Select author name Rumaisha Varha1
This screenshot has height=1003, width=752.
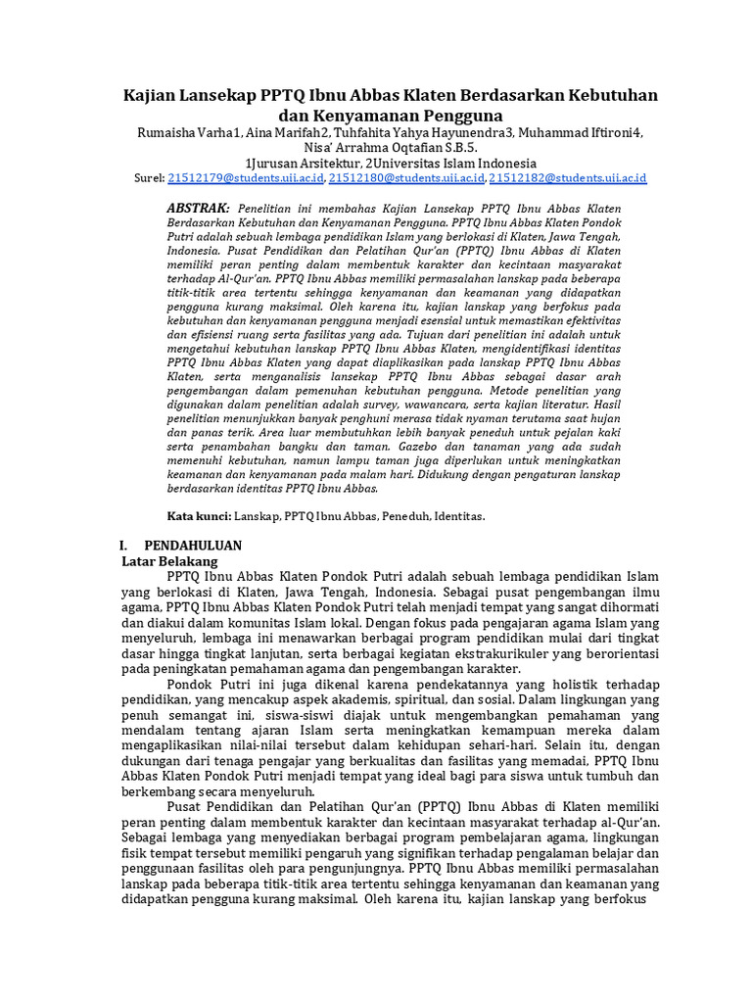pos(186,133)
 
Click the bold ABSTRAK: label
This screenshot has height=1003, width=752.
pos(198,210)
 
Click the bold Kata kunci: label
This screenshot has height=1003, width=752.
pos(199,515)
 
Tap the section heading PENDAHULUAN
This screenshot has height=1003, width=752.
pos(193,546)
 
